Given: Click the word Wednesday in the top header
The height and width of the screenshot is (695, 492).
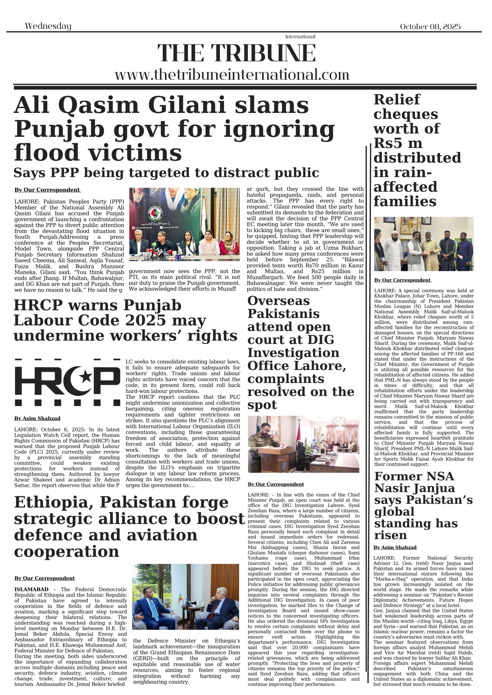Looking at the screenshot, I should tap(48, 26).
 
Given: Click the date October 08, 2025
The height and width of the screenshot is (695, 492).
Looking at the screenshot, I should tap(430, 27).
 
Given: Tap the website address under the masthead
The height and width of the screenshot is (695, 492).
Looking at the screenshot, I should tap(232, 75).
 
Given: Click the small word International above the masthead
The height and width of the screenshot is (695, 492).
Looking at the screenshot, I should tap(300, 37).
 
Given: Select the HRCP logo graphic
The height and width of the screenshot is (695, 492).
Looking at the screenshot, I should tap(67, 382).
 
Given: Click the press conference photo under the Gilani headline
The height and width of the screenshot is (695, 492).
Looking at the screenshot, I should tap(184, 224).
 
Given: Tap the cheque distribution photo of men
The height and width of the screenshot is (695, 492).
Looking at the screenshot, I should tap(424, 244).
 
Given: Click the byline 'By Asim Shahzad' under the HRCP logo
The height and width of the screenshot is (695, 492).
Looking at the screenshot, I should tap(37, 418).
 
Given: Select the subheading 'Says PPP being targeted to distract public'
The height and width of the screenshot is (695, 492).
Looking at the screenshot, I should tap(166, 173).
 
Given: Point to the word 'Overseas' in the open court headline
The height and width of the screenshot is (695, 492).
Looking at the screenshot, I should tap(279, 301).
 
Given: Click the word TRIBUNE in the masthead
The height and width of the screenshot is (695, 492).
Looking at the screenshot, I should tap(263, 53).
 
